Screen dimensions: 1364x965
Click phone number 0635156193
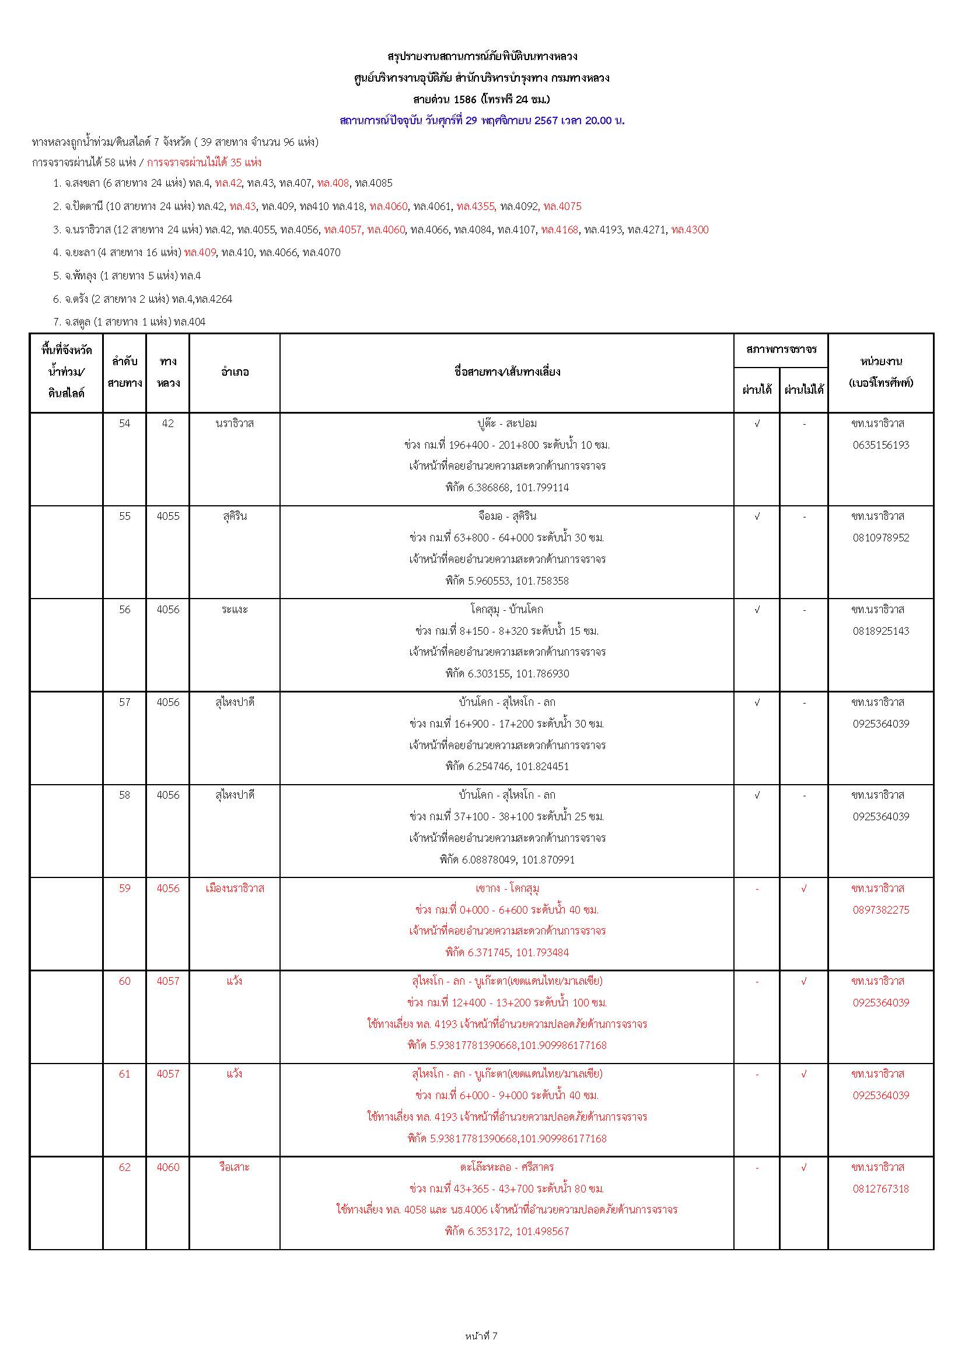point(880,445)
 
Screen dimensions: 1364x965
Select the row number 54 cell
point(124,424)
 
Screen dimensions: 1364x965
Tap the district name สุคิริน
point(234,516)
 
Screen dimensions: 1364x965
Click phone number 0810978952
point(880,538)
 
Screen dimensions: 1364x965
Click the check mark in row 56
point(757,610)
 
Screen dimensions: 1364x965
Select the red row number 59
point(124,888)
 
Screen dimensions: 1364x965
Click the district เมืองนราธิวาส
point(234,888)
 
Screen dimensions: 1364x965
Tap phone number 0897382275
point(880,910)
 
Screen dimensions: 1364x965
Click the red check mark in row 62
point(804,1167)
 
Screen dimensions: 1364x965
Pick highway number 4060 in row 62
point(168,1167)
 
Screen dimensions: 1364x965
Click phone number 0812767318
point(880,1189)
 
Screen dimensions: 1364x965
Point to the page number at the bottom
point(481,1337)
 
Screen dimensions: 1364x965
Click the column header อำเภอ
point(234,372)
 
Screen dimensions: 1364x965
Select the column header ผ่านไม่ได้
point(804,390)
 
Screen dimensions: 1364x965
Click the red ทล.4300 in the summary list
point(689,230)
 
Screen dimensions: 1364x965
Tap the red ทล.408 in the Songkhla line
point(333,183)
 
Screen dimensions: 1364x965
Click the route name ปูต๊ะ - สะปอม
point(507,424)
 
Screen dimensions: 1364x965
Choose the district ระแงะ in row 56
point(234,610)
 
